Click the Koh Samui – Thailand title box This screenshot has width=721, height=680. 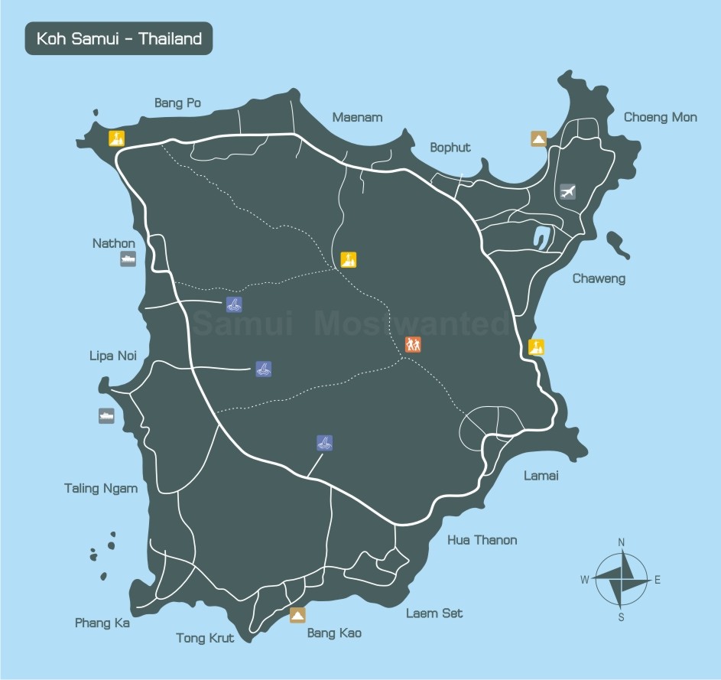119,38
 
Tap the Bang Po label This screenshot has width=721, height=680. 177,102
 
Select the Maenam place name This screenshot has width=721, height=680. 357,117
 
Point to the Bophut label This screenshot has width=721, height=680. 450,148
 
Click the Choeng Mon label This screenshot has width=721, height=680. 660,117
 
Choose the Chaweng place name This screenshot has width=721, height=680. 599,278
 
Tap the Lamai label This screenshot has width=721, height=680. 541,476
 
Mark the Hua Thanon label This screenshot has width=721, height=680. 482,540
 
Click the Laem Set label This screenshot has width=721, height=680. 434,613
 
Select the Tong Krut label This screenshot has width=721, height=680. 205,638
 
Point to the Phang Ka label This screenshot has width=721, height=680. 102,623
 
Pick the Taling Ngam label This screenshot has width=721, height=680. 101,488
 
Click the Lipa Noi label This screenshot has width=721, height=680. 112,356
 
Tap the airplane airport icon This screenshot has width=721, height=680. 567,191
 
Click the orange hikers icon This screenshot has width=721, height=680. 413,344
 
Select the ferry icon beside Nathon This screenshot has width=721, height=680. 128,259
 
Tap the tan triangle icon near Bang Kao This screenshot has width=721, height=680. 297,614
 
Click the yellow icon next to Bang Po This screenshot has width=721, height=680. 116,138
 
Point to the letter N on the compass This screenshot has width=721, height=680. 621,542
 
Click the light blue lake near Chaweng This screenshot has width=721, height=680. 544,237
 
